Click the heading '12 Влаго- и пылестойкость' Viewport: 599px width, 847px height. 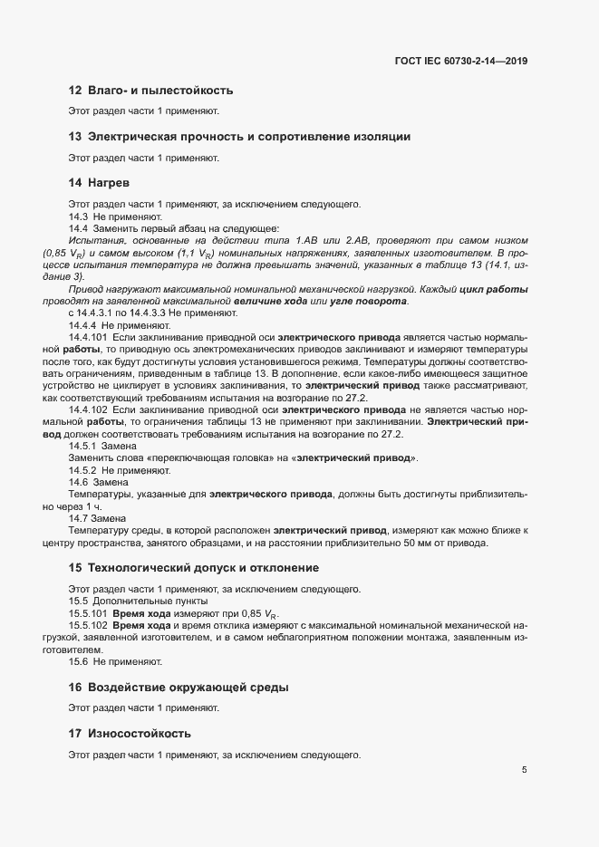tap(150, 91)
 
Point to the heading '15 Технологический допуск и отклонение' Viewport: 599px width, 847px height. tap(193, 568)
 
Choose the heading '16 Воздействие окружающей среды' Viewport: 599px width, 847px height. tap(179, 688)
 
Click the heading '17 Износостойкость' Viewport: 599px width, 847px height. tap(136, 733)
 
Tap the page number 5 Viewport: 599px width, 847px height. tap(524, 770)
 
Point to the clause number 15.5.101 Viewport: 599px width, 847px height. tap(89, 613)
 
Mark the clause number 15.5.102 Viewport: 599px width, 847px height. tap(89, 626)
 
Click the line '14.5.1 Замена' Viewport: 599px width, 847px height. tap(102, 447)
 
